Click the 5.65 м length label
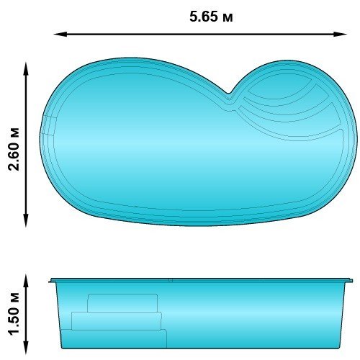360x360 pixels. point(211,17)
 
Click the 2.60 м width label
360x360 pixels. point(14,149)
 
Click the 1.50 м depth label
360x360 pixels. point(14,314)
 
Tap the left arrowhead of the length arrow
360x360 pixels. point(60,35)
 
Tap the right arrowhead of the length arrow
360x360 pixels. point(341,35)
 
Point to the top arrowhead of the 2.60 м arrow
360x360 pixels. point(26,68)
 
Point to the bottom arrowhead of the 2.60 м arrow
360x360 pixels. point(26,220)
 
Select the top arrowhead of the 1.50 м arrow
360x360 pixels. point(26,281)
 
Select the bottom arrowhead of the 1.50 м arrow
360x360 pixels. point(26,348)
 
